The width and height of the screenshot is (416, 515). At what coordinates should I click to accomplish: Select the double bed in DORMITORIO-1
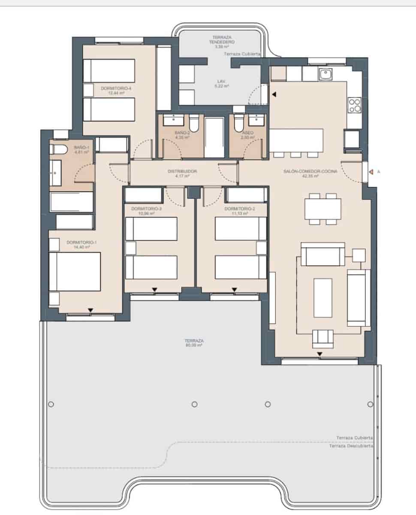[x=75, y=272]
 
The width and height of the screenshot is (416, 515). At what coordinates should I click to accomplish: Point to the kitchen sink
[x=326, y=75]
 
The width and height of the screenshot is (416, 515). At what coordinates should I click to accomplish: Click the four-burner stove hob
[x=355, y=105]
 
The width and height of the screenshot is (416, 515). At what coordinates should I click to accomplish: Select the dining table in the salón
[x=323, y=209]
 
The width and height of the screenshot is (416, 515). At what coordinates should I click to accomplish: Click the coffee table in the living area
[x=323, y=297]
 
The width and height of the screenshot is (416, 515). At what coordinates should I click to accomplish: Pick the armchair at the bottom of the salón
[x=323, y=338]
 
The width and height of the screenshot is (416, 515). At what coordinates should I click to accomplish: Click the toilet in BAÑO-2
[x=194, y=124]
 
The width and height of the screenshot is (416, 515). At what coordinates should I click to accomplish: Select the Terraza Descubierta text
[x=351, y=446]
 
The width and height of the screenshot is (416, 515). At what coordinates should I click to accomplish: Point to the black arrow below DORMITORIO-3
[x=155, y=291]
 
